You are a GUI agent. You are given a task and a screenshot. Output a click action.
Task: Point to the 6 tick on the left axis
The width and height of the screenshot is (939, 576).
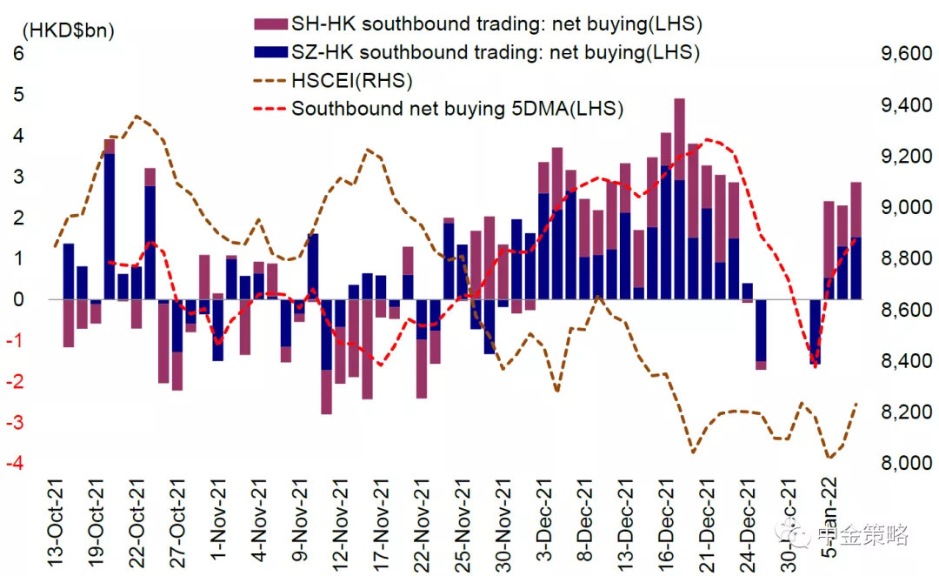pos(19,54)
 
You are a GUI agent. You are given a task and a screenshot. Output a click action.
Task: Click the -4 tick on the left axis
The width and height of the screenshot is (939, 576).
pos(16,463)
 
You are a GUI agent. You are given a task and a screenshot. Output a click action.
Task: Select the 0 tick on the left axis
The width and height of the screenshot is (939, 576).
pos(19,299)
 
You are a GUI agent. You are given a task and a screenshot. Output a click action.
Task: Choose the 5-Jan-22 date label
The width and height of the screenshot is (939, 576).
pos(832,527)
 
